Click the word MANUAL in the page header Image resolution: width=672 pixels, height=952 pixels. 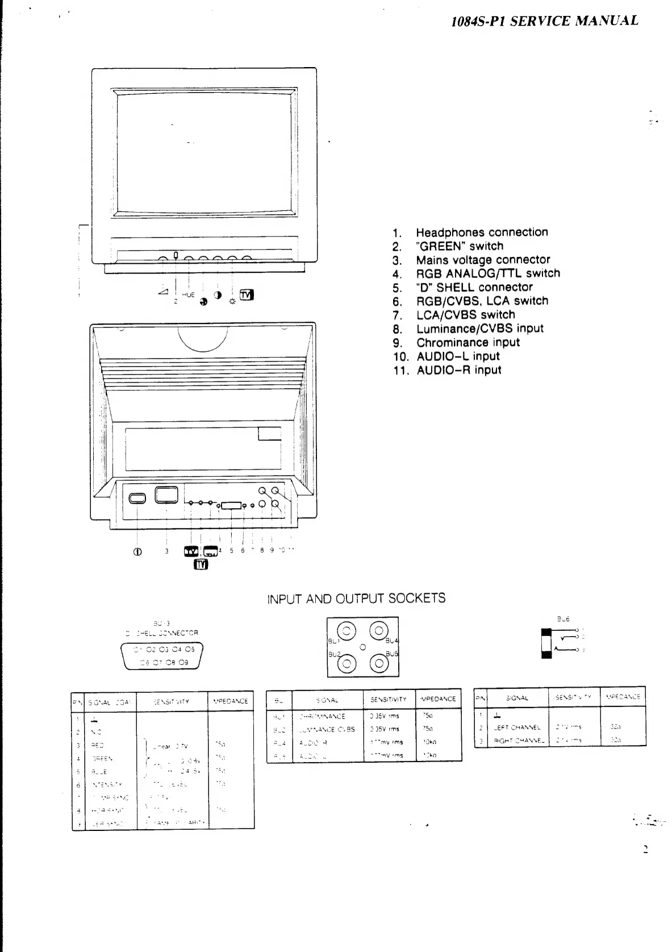tap(607, 21)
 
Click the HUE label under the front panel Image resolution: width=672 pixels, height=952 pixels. tap(189, 296)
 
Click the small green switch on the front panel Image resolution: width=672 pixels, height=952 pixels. tap(176, 255)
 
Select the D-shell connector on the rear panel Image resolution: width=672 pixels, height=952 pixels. tap(232, 505)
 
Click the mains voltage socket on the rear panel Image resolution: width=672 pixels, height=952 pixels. tap(166, 494)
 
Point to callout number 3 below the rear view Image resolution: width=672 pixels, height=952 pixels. tap(166, 550)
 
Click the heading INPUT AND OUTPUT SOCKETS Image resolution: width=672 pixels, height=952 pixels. tap(356, 598)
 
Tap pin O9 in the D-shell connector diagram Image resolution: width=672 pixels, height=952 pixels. tap(184, 662)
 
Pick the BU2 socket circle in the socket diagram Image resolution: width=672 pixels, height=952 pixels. tap(347, 663)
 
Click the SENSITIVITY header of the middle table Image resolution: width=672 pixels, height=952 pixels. tap(389, 700)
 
